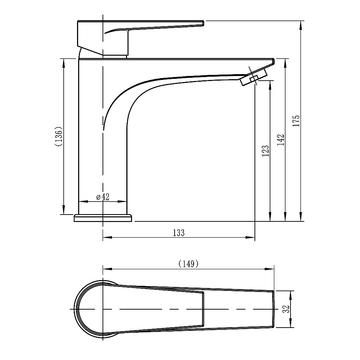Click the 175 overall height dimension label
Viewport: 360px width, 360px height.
point(296,120)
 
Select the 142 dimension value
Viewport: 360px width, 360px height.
point(280,140)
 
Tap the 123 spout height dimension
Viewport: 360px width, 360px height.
point(265,151)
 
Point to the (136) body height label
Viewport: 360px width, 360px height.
point(59,136)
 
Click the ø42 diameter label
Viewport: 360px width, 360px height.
point(103,197)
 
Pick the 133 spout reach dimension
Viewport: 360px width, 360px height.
point(179,233)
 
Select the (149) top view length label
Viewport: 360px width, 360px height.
point(188,264)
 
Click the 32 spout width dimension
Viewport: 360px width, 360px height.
point(286,309)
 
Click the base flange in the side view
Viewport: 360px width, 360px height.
point(103,218)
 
